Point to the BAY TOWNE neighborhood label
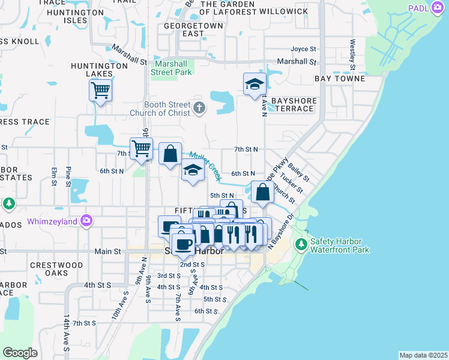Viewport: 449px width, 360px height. pos(340,79)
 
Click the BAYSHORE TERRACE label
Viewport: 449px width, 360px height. pos(292,104)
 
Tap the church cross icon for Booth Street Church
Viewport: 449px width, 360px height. pos(200,108)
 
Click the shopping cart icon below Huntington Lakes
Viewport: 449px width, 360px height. pos(100,91)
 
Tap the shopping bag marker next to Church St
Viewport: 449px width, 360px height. pos(262,193)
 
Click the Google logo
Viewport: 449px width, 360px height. pos(20,352)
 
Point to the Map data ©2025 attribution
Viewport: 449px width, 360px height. pos(423,355)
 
